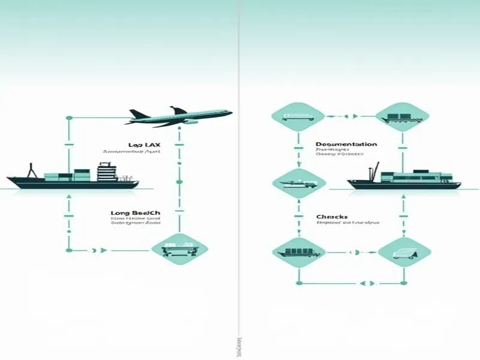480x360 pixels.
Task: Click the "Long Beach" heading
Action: coord(136,213)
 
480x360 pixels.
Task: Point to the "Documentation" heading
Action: coord(346,145)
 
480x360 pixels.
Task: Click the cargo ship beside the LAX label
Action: coord(72,178)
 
